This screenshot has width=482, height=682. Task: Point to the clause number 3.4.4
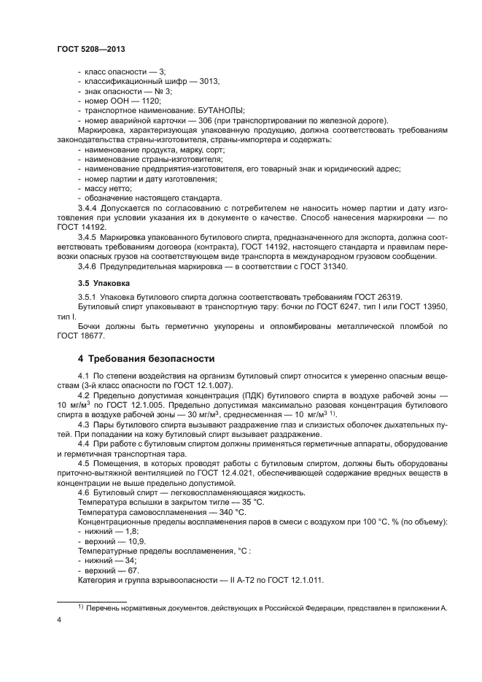(x=89, y=206)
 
